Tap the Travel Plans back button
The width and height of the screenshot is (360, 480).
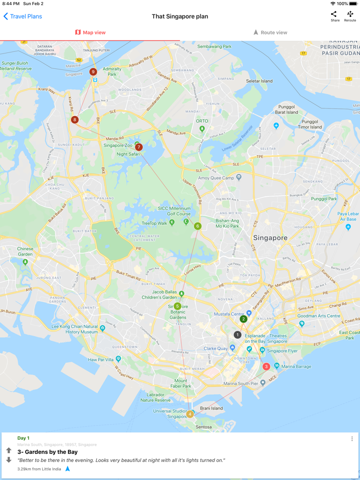click(23, 16)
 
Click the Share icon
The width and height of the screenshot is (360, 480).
click(334, 16)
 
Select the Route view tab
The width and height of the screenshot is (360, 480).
click(270, 32)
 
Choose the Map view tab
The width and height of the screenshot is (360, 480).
click(90, 32)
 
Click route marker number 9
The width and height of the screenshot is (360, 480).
click(93, 72)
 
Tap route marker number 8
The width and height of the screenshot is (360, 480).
click(75, 120)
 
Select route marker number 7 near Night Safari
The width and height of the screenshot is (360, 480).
click(138, 147)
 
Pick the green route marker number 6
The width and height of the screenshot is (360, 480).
click(197, 226)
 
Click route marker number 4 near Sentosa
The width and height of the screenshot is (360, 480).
click(190, 414)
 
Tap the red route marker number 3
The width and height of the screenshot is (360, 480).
click(266, 366)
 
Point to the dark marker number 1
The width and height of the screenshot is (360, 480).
click(237, 335)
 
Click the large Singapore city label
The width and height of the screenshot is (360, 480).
click(270, 238)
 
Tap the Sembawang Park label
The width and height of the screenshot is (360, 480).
click(214, 47)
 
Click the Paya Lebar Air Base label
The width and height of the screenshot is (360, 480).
click(348, 216)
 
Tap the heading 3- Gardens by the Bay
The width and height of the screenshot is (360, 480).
click(47, 452)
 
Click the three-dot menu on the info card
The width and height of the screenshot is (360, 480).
click(352, 439)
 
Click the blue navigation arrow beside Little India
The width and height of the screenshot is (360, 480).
click(67, 469)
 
